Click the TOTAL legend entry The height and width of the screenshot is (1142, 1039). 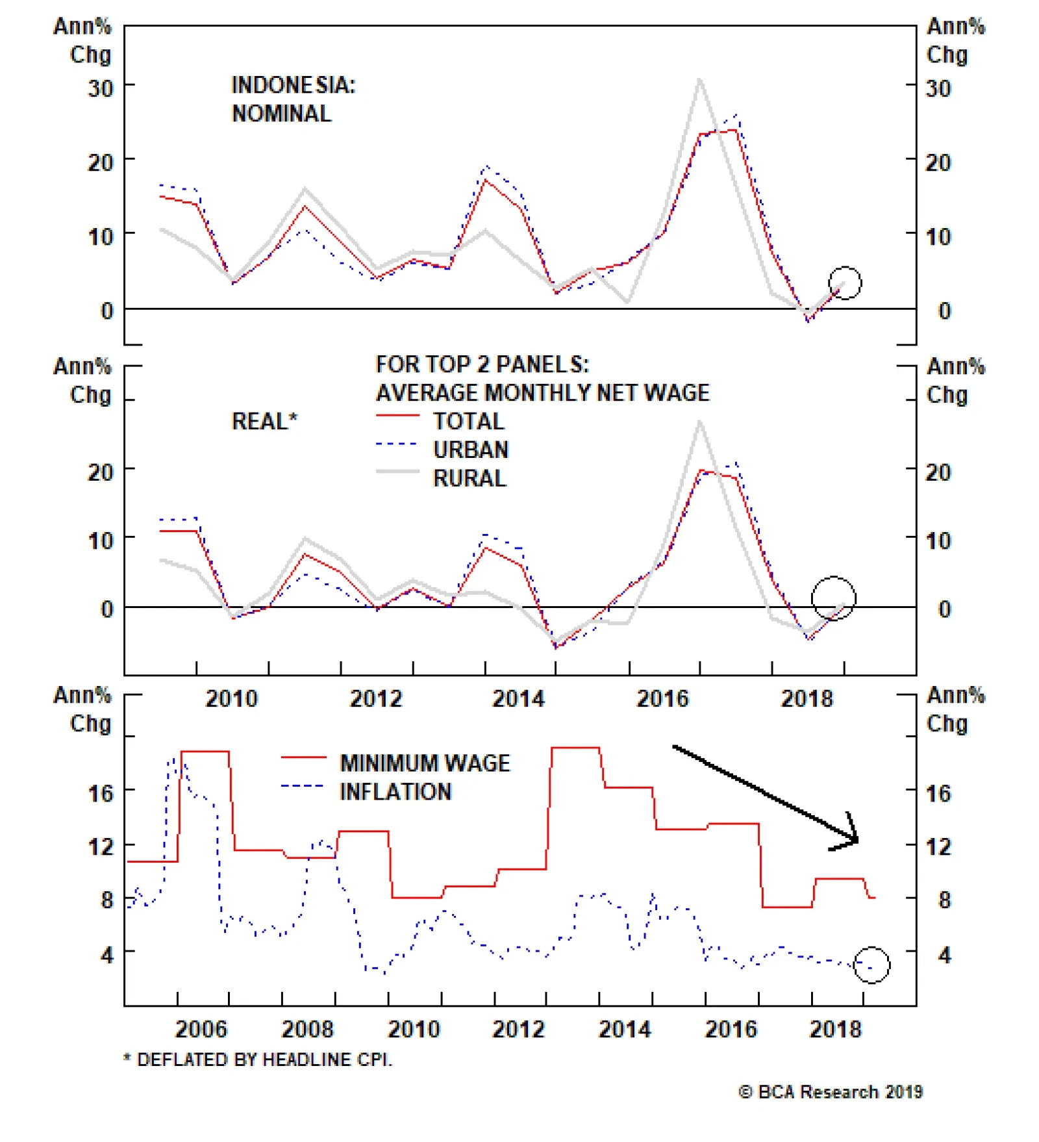pyautogui.click(x=468, y=421)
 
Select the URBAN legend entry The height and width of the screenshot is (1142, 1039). pyautogui.click(x=470, y=450)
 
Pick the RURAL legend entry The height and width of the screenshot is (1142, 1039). pyautogui.click(x=469, y=478)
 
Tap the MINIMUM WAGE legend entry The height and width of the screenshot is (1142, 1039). pyautogui.click(x=425, y=762)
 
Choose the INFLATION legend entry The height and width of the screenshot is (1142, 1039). pyautogui.click(x=395, y=791)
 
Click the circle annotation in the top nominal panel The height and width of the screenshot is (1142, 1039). pyautogui.click(x=845, y=283)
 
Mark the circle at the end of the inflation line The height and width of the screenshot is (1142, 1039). pyautogui.click(x=871, y=965)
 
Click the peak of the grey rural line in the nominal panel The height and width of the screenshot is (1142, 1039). pyautogui.click(x=699, y=81)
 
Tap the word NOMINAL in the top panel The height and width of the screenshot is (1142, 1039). pyautogui.click(x=281, y=114)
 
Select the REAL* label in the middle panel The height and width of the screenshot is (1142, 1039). pyautogui.click(x=264, y=421)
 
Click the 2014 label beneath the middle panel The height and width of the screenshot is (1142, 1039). pyautogui.click(x=518, y=698)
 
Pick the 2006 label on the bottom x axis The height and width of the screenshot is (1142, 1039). pyautogui.click(x=201, y=1029)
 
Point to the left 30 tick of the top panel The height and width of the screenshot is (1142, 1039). pyautogui.click(x=101, y=88)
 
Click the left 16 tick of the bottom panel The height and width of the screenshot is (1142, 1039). pyautogui.click(x=101, y=793)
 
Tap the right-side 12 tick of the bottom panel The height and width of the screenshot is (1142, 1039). pyautogui.click(x=938, y=846)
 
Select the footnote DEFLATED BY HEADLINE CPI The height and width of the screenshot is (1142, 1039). pyautogui.click(x=258, y=1060)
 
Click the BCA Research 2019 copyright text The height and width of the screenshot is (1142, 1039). pyautogui.click(x=831, y=1092)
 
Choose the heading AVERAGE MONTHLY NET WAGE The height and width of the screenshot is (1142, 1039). pyautogui.click(x=542, y=392)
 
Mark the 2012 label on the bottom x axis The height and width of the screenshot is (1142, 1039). pyautogui.click(x=518, y=1029)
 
